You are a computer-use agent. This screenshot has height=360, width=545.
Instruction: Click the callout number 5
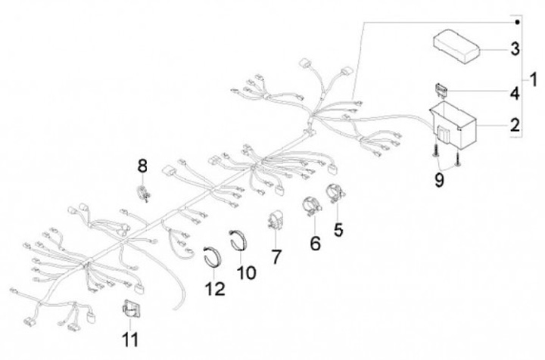(338, 227)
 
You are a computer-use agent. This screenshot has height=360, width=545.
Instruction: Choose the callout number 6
(313, 243)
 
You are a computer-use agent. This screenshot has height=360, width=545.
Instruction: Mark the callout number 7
(276, 256)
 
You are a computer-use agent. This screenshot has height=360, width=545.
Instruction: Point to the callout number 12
(218, 288)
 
